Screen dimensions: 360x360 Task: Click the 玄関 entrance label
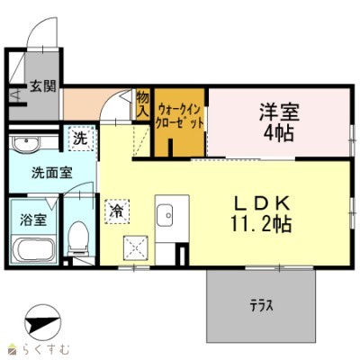[41, 87]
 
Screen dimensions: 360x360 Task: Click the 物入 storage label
[142, 102]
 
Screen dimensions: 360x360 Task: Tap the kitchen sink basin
[166, 215]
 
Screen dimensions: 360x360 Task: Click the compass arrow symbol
[37, 322]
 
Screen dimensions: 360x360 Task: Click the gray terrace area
[262, 319]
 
